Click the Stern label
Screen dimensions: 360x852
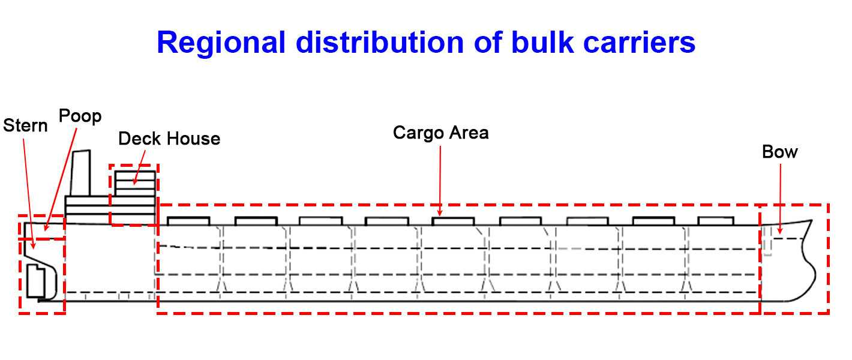25,126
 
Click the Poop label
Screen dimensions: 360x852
80,116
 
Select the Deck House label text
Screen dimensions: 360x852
169,139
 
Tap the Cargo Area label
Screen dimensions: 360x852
441,133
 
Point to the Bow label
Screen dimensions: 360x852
780,152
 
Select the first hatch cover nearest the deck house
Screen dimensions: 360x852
188,221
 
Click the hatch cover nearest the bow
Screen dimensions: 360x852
716,221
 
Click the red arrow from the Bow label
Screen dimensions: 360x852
781,198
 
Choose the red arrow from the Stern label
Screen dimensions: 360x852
29,192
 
